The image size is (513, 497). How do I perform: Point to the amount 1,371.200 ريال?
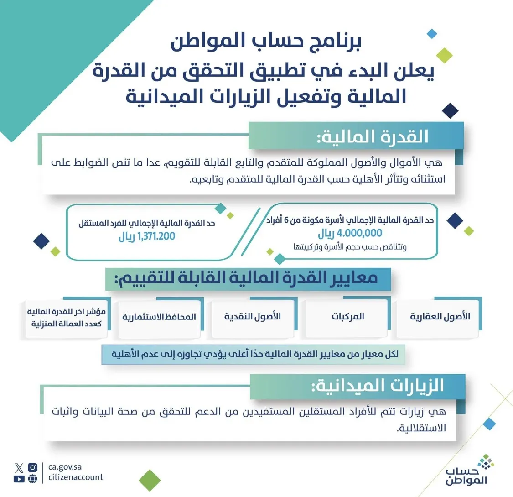[x=147, y=236]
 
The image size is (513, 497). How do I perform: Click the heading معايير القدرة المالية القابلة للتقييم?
[x=249, y=278]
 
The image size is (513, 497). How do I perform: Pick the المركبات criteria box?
[x=347, y=317]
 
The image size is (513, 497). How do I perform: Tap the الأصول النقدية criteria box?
[x=253, y=317]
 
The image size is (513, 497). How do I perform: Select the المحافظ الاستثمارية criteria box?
[x=159, y=317]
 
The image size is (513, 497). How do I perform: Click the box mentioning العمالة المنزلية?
[x=67, y=318]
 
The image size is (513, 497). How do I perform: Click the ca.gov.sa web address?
[x=65, y=467]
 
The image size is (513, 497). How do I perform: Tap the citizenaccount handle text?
[x=76, y=477]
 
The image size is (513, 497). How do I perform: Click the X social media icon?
[x=19, y=467]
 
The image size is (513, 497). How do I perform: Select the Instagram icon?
[x=32, y=467]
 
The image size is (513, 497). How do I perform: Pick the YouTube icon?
[x=19, y=479]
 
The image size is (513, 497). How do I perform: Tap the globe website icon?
[x=32, y=479]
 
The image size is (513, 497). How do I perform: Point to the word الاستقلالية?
[x=421, y=429]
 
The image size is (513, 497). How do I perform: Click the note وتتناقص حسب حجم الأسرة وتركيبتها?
[x=350, y=247]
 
